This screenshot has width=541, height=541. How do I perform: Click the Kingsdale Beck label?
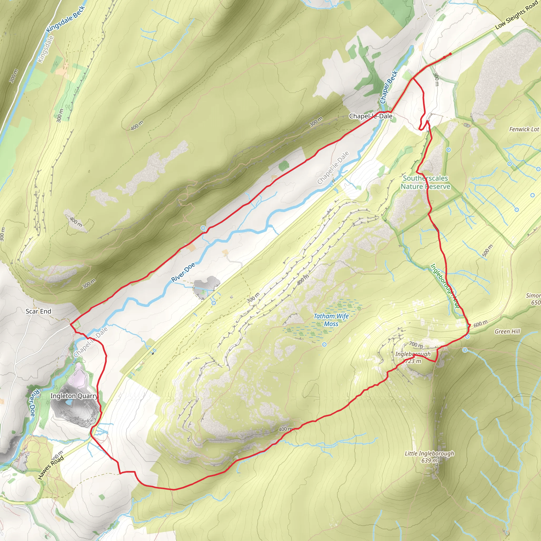click(65, 19)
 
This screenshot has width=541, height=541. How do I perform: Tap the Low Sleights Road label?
click(517, 15)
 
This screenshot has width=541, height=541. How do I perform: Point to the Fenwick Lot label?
click(524, 129)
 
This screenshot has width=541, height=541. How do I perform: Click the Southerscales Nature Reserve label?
click(425, 182)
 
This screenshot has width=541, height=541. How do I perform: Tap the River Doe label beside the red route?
click(183, 272)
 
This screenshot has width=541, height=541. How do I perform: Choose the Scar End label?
click(38, 311)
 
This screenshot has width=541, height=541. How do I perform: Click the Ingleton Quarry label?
click(74, 396)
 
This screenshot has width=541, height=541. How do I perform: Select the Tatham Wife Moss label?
click(331, 320)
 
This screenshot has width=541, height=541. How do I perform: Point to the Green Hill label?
click(507, 332)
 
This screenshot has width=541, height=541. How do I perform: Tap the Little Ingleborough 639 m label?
click(429, 457)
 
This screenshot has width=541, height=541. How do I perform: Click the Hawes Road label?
click(51, 467)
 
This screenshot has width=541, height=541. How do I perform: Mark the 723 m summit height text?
click(413, 361)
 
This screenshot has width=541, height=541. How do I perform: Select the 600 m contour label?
click(481, 324)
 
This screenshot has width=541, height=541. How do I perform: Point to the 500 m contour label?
click(488, 250)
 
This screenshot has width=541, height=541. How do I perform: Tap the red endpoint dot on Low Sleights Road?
click(450, 54)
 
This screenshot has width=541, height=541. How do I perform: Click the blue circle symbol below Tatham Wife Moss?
click(324, 344)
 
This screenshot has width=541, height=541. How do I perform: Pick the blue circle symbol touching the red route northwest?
click(203, 228)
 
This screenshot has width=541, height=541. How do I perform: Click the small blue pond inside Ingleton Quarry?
click(69, 403)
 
